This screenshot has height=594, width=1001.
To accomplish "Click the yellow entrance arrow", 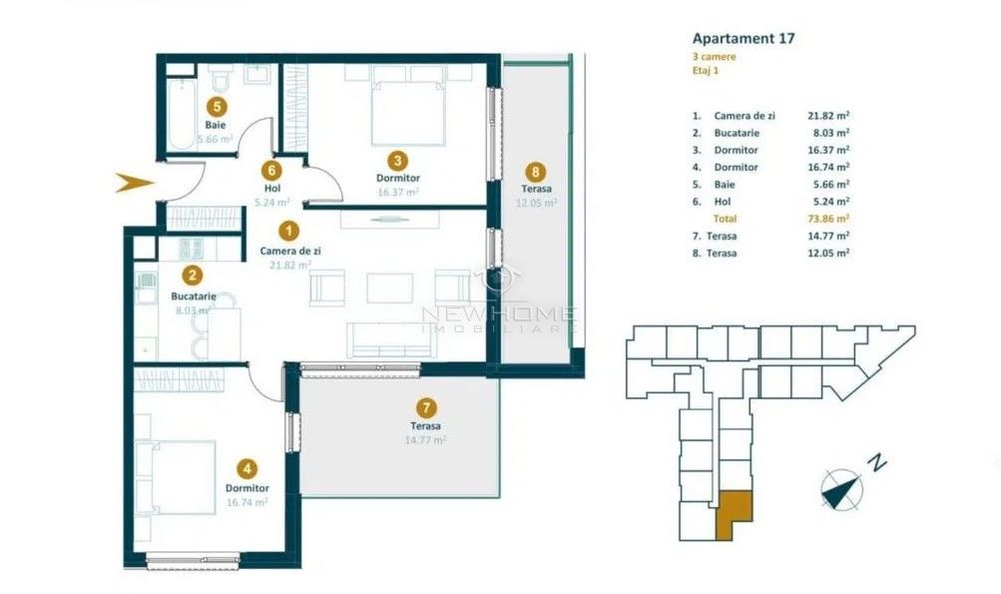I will point(134,183).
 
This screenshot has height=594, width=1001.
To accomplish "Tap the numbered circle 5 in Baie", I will point(217,104).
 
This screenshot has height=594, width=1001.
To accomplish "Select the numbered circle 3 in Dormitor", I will point(397,159).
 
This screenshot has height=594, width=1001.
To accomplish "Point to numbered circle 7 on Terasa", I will point(426,407).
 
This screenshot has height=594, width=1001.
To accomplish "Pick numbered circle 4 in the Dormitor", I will point(247,466).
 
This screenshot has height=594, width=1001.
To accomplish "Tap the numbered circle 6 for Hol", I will point(269,170).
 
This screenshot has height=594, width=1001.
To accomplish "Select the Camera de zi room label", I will point(289,252).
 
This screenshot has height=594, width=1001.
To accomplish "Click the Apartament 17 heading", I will point(743,39).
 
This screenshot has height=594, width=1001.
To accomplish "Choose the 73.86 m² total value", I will point(827,219).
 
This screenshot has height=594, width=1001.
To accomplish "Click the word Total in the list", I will point(726,219).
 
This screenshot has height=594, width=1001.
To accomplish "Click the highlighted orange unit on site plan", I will point(735,512).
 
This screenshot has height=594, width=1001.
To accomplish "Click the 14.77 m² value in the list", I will point(827,236).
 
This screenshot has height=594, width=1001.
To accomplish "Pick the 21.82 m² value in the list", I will point(827,116).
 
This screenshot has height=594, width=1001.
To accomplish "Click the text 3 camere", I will point(714,58).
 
